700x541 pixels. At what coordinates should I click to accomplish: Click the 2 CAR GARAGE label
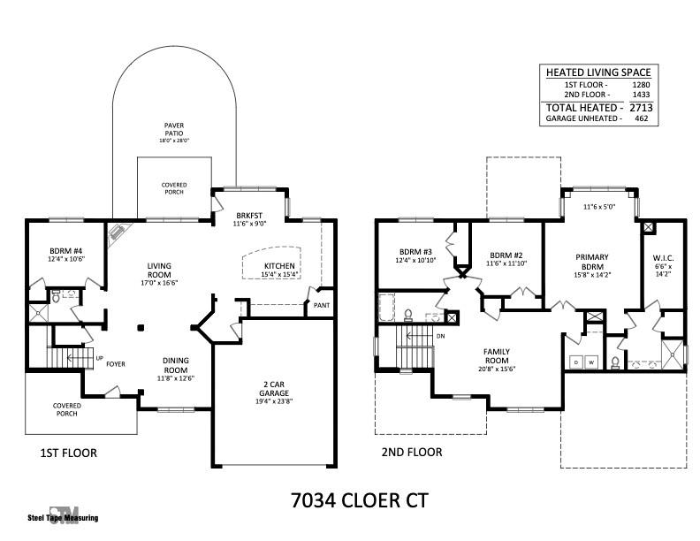[274, 389]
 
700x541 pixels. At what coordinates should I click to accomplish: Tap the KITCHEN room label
[279, 266]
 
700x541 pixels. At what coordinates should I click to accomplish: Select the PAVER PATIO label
[173, 129]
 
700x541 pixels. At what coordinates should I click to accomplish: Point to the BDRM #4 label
[66, 251]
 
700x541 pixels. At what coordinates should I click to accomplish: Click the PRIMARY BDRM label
[592, 262]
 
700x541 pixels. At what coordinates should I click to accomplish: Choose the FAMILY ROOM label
[497, 356]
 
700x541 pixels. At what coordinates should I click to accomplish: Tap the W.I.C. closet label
[664, 258]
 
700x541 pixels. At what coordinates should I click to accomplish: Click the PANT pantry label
[322, 305]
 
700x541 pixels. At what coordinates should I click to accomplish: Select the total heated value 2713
[641, 108]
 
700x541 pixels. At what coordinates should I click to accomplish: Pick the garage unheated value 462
[641, 118]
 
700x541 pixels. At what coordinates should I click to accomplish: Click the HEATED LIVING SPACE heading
[598, 72]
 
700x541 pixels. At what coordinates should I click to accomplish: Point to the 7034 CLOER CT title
[360, 500]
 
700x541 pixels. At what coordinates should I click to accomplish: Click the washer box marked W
[591, 362]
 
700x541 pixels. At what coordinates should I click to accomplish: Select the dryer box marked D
[576, 362]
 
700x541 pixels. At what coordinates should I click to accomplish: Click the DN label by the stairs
[441, 336]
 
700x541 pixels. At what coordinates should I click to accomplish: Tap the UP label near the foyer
[100, 358]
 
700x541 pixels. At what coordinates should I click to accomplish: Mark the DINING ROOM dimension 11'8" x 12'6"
[176, 378]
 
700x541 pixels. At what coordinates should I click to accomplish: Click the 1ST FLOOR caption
[69, 453]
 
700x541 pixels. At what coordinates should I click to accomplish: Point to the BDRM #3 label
[415, 252]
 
